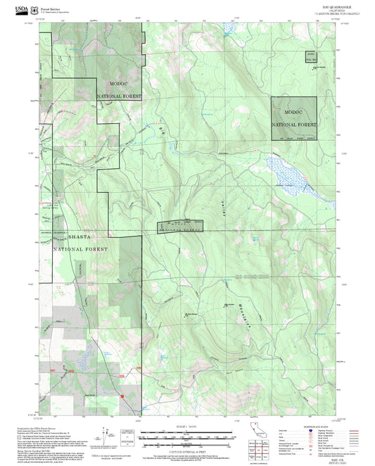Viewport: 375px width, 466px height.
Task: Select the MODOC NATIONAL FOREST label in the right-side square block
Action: (x=294, y=118)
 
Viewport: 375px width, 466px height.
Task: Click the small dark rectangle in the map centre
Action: (x=179, y=226)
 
